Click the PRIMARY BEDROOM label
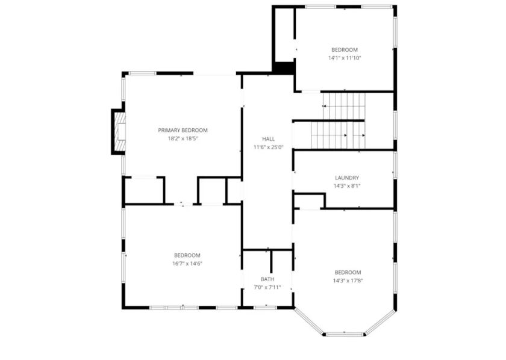[x=183, y=130]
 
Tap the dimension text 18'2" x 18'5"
[x=183, y=138]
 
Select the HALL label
[x=269, y=139]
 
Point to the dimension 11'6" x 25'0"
[x=269, y=147]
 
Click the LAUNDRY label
[x=347, y=178]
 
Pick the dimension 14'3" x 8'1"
[x=347, y=186]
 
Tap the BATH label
[x=267, y=279]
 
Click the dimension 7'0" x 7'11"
[x=267, y=287]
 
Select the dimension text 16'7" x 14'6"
[x=187, y=264]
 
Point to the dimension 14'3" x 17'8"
[x=348, y=281]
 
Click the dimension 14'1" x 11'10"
[x=345, y=58]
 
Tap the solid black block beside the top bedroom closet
[x=284, y=68]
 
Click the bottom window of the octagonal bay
[x=345, y=334]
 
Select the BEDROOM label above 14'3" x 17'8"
[x=348, y=272]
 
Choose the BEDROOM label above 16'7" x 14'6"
[x=187, y=255]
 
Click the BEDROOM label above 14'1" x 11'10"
[x=345, y=50]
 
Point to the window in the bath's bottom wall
[x=265, y=308]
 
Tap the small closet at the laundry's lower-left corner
[x=309, y=202]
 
